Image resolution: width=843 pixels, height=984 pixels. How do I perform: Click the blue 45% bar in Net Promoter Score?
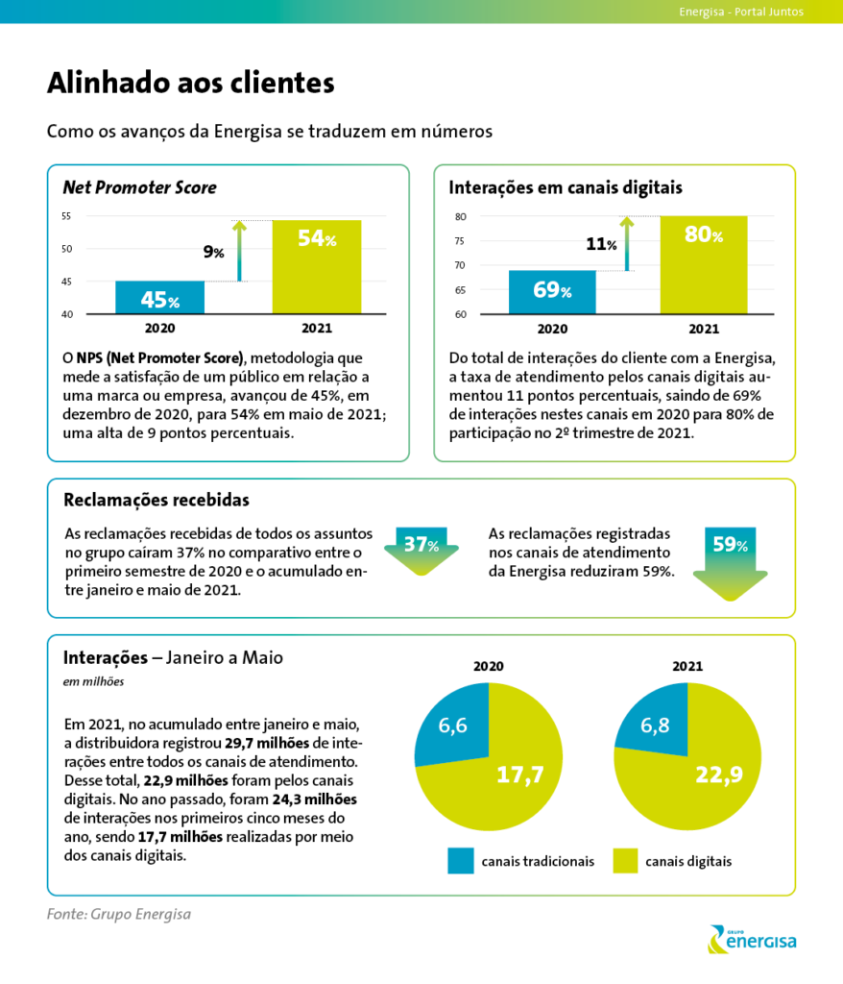tap(160, 298)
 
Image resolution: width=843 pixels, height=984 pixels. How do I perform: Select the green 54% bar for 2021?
tap(317, 267)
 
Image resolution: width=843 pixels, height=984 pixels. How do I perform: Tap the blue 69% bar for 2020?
tap(552, 292)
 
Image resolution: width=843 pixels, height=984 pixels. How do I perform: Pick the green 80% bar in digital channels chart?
tap(704, 265)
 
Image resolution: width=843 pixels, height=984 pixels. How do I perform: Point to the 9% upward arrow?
tap(239, 251)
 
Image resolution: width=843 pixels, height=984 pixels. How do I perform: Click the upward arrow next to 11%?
tap(627, 243)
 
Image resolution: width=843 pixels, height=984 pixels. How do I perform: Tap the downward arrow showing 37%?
tap(421, 551)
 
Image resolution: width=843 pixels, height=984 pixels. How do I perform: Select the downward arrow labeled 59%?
tap(730, 563)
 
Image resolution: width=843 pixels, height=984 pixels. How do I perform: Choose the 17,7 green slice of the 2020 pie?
tap(502, 784)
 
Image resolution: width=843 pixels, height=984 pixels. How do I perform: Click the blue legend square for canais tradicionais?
tap(461, 861)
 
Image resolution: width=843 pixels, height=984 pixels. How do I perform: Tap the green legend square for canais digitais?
tap(625, 861)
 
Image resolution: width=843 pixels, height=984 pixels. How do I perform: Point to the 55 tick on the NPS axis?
tap(66, 216)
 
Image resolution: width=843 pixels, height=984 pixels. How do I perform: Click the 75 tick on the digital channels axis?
tap(461, 241)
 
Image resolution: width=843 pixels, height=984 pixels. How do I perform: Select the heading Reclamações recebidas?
tap(157, 500)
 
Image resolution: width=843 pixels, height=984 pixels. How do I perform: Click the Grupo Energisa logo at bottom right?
tap(752, 939)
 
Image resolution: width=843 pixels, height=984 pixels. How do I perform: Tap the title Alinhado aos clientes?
tap(191, 83)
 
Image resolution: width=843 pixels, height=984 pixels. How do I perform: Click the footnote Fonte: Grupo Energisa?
tap(118, 914)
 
